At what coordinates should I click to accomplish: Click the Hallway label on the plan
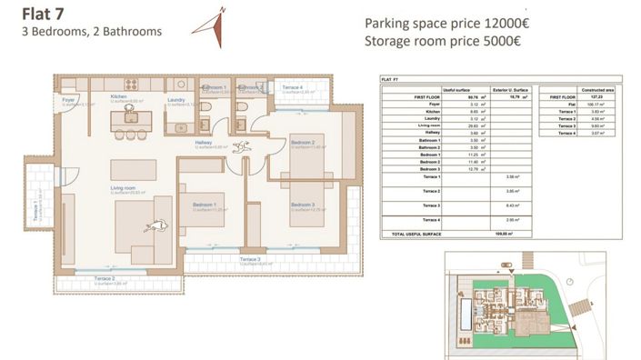205,143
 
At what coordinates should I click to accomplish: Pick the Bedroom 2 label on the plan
303,143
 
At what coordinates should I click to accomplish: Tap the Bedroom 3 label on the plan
303,205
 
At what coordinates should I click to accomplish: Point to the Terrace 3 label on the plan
251,260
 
